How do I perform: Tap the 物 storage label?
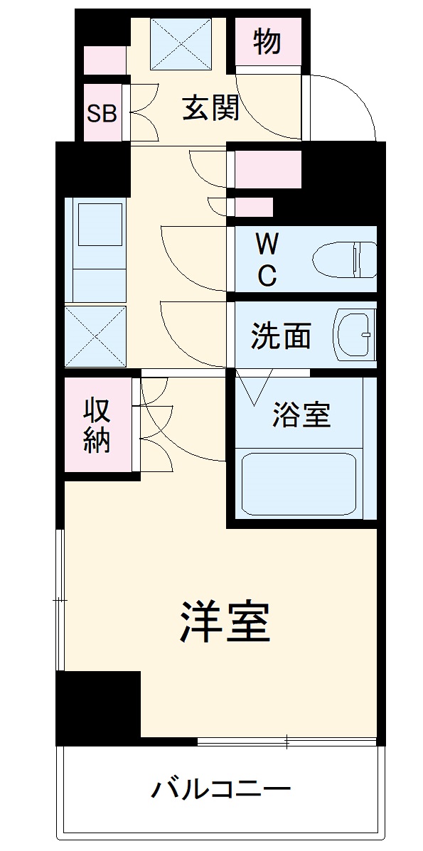pyautogui.click(x=267, y=43)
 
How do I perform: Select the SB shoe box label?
pyautogui.click(x=102, y=113)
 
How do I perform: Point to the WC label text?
pyautogui.click(x=266, y=260)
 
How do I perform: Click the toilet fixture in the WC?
pyautogui.click(x=346, y=260)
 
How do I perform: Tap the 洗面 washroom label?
pyautogui.click(x=281, y=336)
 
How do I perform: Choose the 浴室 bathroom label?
pyautogui.click(x=301, y=414)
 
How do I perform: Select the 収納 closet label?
pyautogui.click(x=97, y=425)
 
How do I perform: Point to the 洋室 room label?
pyautogui.click(x=224, y=621)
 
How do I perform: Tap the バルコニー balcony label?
pyautogui.click(x=221, y=789)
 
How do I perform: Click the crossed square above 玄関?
pyautogui.click(x=182, y=44)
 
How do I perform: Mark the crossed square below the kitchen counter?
pyautogui.click(x=95, y=336)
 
